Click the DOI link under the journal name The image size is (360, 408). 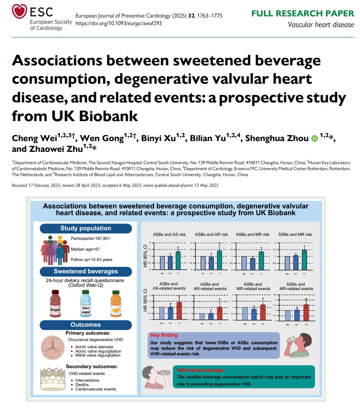118,23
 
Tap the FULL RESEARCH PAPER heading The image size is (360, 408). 302,14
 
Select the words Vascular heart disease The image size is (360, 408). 321,25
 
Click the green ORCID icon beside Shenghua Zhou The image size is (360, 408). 315,138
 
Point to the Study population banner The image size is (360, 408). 86,228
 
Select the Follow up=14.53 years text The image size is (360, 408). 92,259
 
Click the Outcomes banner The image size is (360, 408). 86,325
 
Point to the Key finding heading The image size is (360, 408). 164,335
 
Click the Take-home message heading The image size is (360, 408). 200,370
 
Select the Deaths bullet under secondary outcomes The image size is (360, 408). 82,384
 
